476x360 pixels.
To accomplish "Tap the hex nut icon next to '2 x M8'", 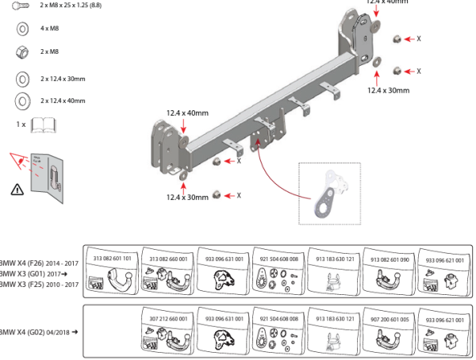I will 22,51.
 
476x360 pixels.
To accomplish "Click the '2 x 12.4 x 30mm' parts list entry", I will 62,79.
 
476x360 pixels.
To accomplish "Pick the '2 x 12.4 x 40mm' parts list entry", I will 62,101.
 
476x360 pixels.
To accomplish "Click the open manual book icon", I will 42,124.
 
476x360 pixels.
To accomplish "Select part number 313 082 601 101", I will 113,259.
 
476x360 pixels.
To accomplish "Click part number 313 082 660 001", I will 168,259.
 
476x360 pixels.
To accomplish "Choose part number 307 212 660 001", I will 168,318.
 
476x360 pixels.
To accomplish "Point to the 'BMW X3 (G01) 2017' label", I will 35,273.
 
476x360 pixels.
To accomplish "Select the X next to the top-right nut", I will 419,38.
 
